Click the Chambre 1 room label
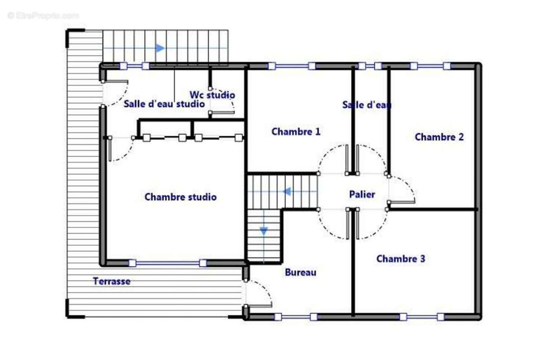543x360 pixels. [296, 132]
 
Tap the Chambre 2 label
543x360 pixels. [439, 137]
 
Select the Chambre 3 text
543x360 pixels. [400, 259]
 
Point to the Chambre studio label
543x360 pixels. [180, 197]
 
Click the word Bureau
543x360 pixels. [300, 272]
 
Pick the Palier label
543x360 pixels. [362, 194]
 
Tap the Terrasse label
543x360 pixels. [112, 281]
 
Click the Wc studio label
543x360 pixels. [212, 95]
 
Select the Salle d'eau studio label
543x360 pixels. [164, 104]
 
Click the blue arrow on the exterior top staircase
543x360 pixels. [160, 48]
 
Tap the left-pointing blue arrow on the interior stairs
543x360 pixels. [287, 192]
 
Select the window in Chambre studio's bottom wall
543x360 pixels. [167, 263]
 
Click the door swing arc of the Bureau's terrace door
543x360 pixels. [265, 290]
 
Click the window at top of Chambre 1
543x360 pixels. [291, 66]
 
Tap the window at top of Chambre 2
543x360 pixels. [430, 66]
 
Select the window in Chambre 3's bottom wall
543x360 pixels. [421, 317]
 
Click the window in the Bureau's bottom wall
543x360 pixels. [295, 317]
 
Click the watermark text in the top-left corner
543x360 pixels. [43, 15]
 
